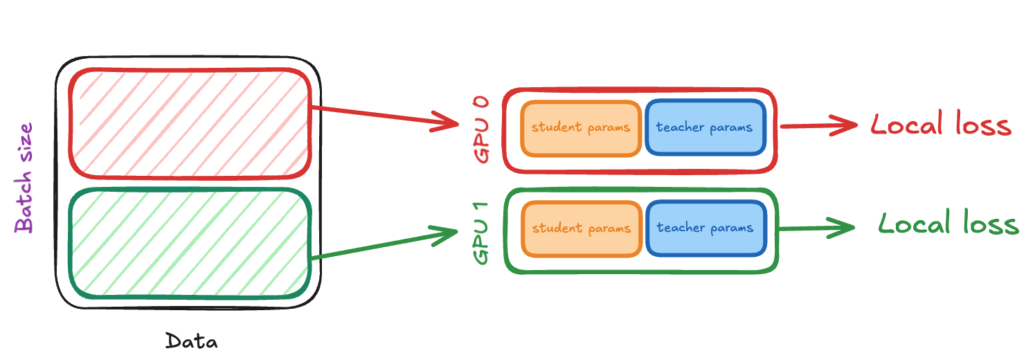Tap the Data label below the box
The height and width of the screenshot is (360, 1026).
[x=191, y=341]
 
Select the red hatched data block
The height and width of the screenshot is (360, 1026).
[x=190, y=123]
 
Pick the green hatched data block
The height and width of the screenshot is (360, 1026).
[x=190, y=244]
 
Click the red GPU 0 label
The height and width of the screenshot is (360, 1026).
[x=482, y=129]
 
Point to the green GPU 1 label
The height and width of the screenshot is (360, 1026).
[x=482, y=233]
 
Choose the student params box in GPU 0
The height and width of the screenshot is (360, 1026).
[x=581, y=128]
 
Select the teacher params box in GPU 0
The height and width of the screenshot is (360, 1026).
[x=705, y=128]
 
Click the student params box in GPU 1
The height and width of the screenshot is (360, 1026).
[x=581, y=228]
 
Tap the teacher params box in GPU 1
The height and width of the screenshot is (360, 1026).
[x=705, y=228]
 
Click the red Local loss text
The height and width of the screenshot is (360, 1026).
[x=940, y=125]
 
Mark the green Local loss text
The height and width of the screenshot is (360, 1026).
[x=948, y=224]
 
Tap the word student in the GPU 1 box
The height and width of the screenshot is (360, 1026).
[x=555, y=228]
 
